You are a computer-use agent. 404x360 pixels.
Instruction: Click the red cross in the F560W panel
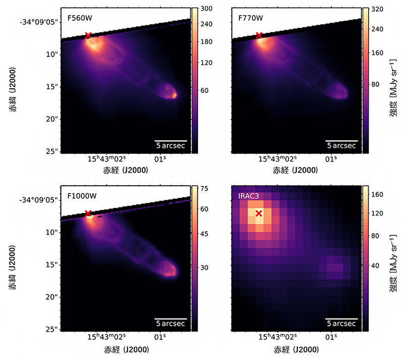point(88,35)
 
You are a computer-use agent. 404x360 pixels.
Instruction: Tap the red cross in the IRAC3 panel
point(259,214)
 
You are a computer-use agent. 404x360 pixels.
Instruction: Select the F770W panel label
point(250,19)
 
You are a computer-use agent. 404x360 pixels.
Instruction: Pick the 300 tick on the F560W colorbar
point(206,10)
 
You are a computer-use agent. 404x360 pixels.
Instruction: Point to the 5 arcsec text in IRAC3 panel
point(342,324)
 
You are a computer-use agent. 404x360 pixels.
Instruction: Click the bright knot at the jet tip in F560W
point(174,94)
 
